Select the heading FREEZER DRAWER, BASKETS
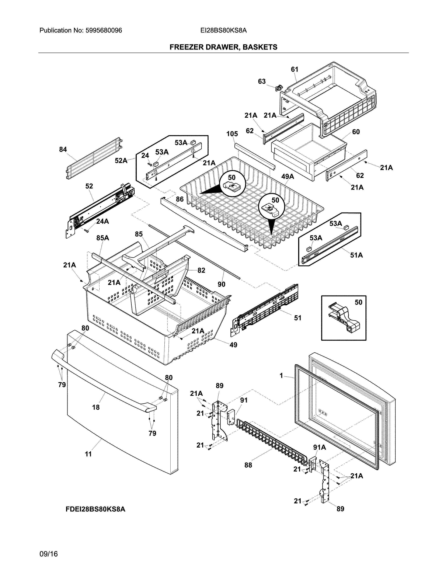tap(223, 47)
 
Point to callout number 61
tap(294, 69)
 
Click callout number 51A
tap(356, 255)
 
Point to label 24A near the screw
tap(103, 221)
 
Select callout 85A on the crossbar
tap(103, 238)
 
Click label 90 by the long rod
tap(221, 284)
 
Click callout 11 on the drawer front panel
tap(88, 454)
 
